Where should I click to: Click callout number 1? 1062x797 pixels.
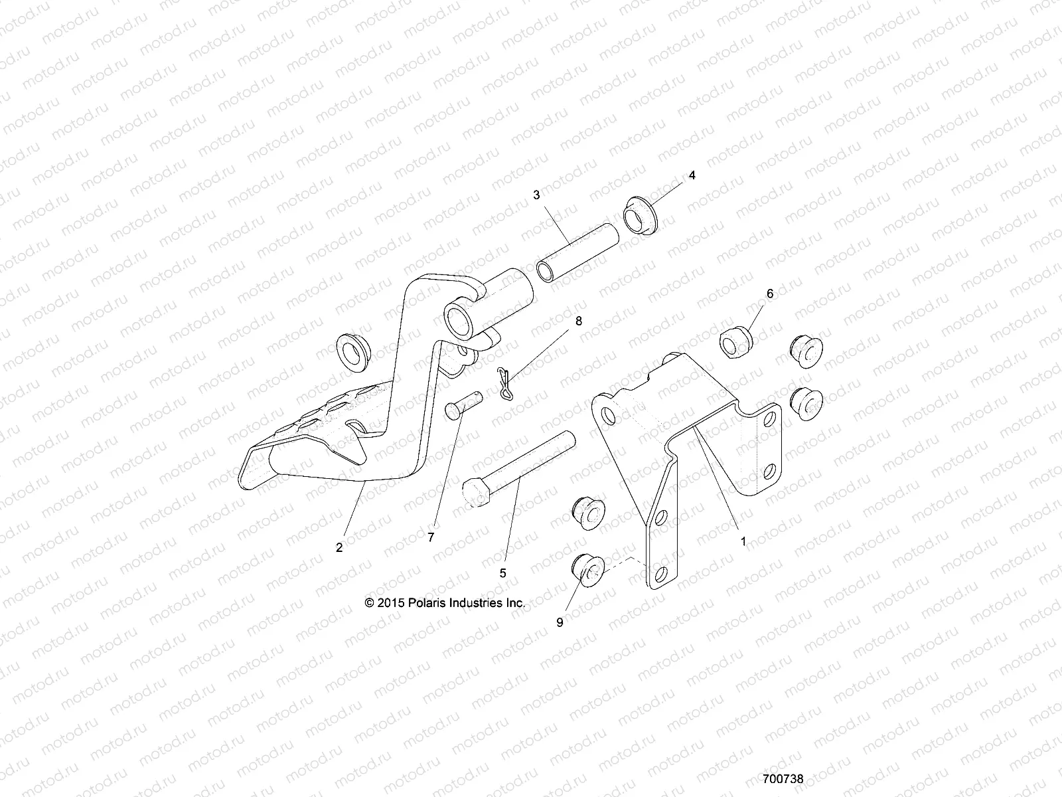coord(743,541)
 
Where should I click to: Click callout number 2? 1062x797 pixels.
coord(339,547)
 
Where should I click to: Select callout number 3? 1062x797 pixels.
coord(536,195)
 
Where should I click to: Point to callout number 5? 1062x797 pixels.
coord(502,572)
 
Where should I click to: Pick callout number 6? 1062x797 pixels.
coord(770,293)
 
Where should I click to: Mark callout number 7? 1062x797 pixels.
coord(431,538)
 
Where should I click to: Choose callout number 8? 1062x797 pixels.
coord(578,321)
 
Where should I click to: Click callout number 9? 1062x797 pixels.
coord(560,622)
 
